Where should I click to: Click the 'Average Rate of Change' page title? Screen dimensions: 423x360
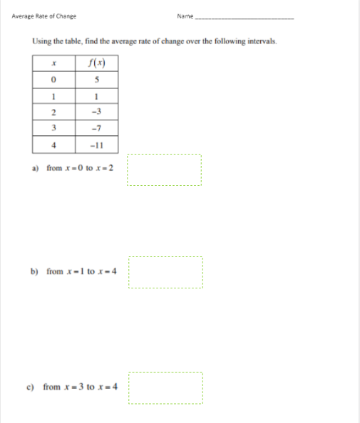(44, 16)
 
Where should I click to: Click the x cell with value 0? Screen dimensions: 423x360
(53, 80)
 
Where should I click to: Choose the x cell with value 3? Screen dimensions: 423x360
(53, 128)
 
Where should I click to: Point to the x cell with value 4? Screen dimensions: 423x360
(53, 144)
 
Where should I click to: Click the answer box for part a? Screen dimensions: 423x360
(165, 170)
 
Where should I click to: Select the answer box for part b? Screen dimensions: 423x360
(165, 273)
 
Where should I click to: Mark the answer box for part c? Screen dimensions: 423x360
(165, 390)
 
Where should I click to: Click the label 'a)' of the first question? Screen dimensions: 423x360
(36, 169)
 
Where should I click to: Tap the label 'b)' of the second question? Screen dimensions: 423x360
(35, 272)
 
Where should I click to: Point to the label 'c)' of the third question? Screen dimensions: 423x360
(31, 387)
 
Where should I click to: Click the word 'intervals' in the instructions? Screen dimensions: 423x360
(259, 42)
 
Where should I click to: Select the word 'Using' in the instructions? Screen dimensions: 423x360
(41, 42)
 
